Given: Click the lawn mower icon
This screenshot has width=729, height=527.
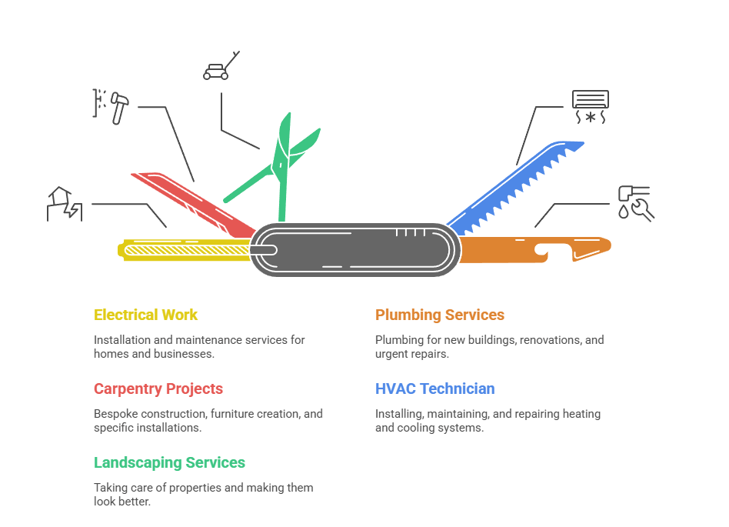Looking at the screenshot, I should (220, 67).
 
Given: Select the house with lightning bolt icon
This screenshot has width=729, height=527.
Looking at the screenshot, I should (65, 203).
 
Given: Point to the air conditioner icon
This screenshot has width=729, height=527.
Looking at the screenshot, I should (590, 108).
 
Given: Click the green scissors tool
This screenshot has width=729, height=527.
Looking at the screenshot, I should (281, 165).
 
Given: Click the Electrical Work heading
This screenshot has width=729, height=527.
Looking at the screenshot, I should (145, 315).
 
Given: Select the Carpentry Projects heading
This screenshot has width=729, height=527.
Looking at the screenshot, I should (158, 389).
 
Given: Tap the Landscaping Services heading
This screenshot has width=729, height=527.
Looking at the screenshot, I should (169, 462).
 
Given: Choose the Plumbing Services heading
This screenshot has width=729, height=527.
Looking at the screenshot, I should (439, 315).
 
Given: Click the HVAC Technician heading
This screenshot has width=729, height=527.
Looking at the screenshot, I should (434, 389).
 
